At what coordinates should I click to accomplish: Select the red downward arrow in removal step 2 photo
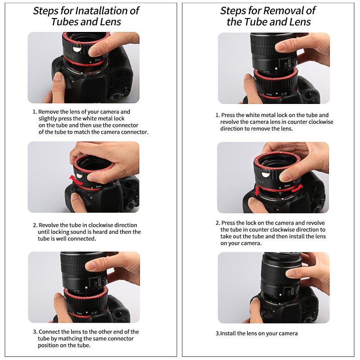coord(257,192)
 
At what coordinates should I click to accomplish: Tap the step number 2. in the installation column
coord(35,225)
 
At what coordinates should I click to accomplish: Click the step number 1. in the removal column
coord(218,115)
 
